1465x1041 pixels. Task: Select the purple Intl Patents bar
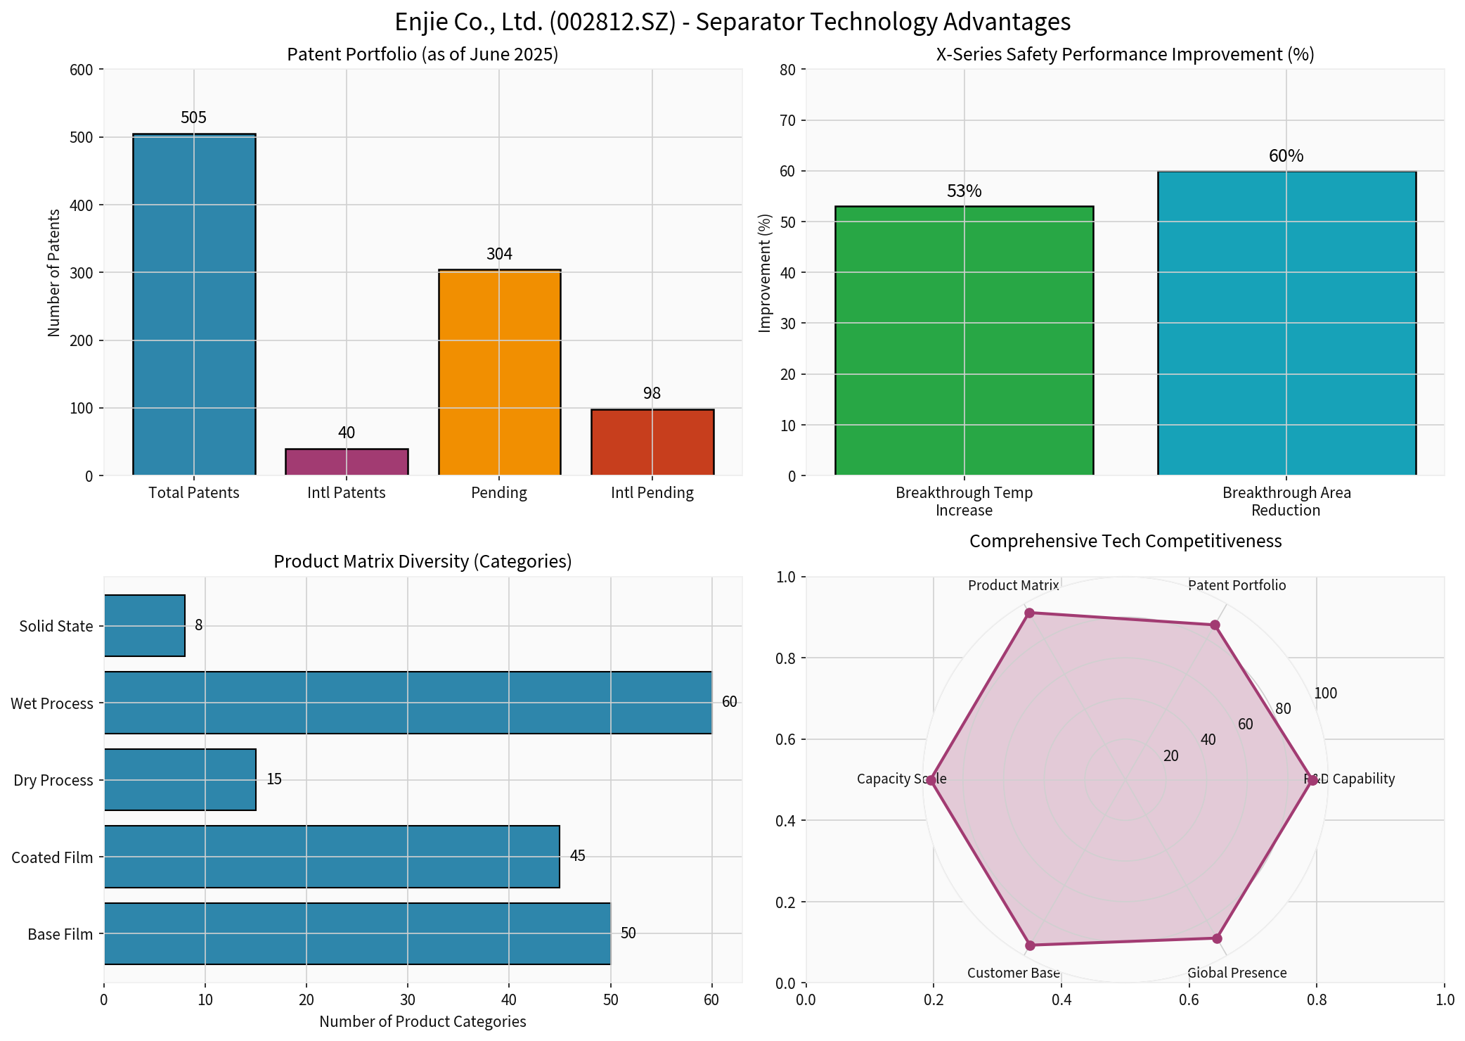click(347, 462)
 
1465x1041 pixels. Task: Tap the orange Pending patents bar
click(499, 373)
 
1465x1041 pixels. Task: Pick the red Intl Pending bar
click(652, 442)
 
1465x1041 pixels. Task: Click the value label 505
click(194, 117)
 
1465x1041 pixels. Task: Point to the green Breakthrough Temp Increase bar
click(964, 341)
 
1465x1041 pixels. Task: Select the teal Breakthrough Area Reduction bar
click(1286, 324)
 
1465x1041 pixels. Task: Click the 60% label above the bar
click(1286, 156)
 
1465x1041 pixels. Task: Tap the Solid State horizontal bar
click(145, 626)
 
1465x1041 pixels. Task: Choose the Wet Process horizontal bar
click(408, 703)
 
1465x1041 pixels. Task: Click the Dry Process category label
click(53, 780)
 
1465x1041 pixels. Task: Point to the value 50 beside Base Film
click(628, 933)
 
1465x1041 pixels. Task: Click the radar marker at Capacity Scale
click(931, 781)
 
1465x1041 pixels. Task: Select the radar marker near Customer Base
click(1030, 945)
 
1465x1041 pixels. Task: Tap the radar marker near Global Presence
click(1217, 938)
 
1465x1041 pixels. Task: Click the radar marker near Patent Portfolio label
click(1215, 625)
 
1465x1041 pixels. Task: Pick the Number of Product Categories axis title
click(422, 1021)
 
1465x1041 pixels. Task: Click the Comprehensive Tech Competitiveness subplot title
click(1125, 541)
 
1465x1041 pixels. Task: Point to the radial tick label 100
click(1325, 694)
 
